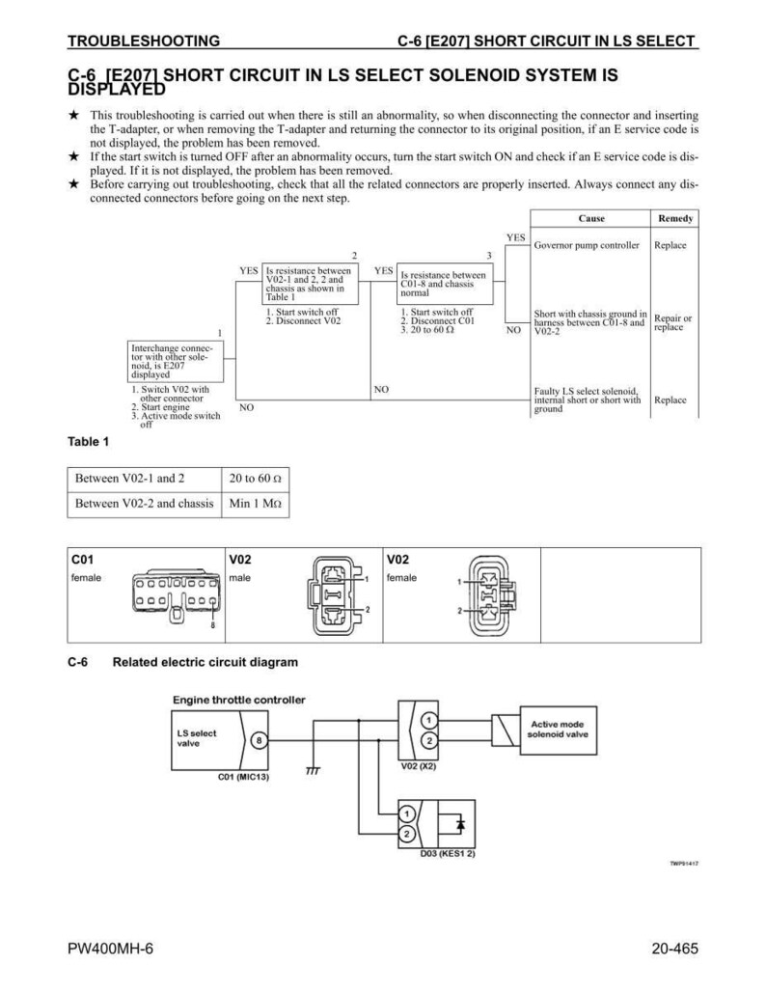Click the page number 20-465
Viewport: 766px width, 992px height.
click(675, 949)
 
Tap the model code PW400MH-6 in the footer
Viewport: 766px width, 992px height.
click(111, 949)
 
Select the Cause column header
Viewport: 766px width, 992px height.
click(591, 218)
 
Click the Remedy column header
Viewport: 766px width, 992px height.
click(675, 218)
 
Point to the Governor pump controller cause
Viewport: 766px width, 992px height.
click(587, 245)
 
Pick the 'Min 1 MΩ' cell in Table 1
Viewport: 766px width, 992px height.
click(256, 504)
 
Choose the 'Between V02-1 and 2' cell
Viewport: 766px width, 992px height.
click(145, 479)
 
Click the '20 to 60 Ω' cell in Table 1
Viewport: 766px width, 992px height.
click(256, 479)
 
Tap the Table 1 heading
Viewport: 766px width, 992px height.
click(88, 442)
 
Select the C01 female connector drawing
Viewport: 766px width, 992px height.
click(177, 595)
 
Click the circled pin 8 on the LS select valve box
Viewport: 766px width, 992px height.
click(259, 740)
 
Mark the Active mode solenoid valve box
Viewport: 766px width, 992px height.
click(558, 730)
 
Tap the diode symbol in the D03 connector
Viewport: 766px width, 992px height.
click(460, 824)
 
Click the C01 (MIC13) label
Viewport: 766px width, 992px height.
click(243, 776)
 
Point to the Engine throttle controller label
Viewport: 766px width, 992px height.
click(238, 700)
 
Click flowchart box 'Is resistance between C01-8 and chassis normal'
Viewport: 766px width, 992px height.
click(445, 284)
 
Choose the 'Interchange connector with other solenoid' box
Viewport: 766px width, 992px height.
click(175, 361)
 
